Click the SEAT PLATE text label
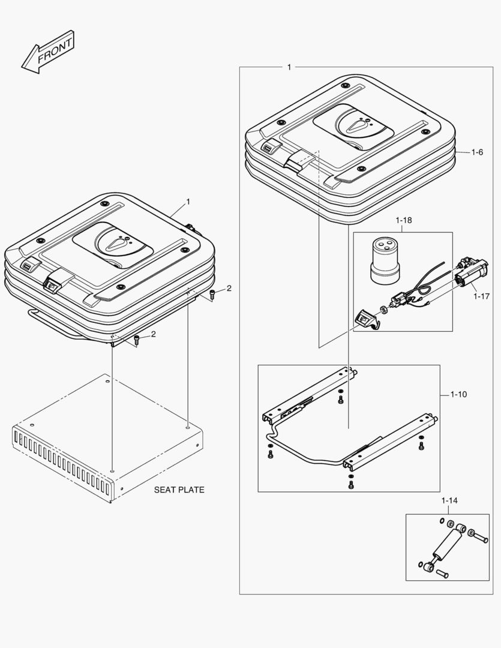[179, 490]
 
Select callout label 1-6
[477, 152]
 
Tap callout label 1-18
[404, 220]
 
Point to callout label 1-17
[481, 295]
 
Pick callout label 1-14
[449, 500]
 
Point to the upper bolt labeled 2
[214, 294]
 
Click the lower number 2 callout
[153, 334]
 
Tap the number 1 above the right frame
[289, 67]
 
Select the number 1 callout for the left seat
[188, 202]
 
